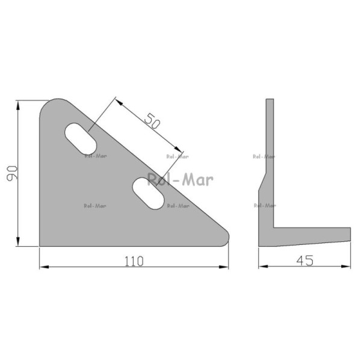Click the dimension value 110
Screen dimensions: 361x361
point(134,261)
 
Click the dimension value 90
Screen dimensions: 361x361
point(12,173)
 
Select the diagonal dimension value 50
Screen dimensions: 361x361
point(152,121)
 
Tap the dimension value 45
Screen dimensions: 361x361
point(305,261)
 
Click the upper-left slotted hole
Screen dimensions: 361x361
point(81,138)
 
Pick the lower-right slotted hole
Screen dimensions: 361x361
point(148,193)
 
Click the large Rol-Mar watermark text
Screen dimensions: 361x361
point(180,179)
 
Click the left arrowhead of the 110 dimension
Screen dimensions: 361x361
point(44,267)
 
